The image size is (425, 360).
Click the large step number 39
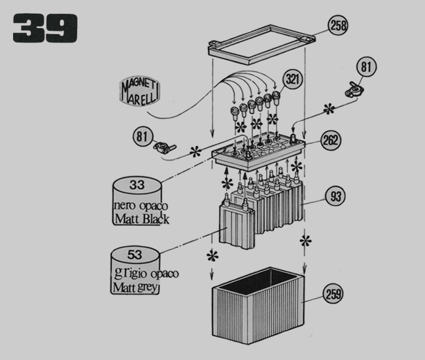coord(44,29)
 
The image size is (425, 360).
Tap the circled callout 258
coord(337,26)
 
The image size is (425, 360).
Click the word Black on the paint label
coord(152,219)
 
